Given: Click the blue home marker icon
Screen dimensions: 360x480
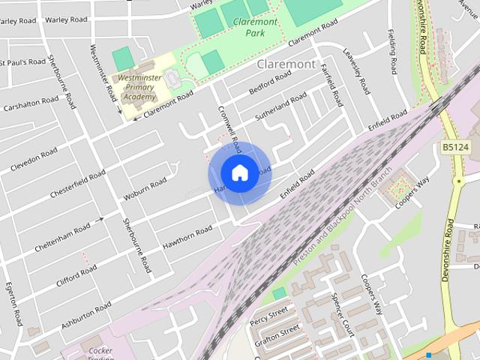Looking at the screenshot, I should click(239, 172).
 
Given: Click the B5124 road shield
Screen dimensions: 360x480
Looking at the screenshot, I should click(454, 148).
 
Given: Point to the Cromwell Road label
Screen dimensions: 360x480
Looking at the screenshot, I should click(228, 124).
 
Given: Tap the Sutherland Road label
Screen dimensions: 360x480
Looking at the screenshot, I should click(280, 106).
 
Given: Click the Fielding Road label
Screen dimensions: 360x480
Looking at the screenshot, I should click(392, 52).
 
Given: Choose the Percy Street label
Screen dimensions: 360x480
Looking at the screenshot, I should click(270, 313).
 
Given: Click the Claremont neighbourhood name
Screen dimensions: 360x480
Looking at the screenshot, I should click(286, 64).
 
